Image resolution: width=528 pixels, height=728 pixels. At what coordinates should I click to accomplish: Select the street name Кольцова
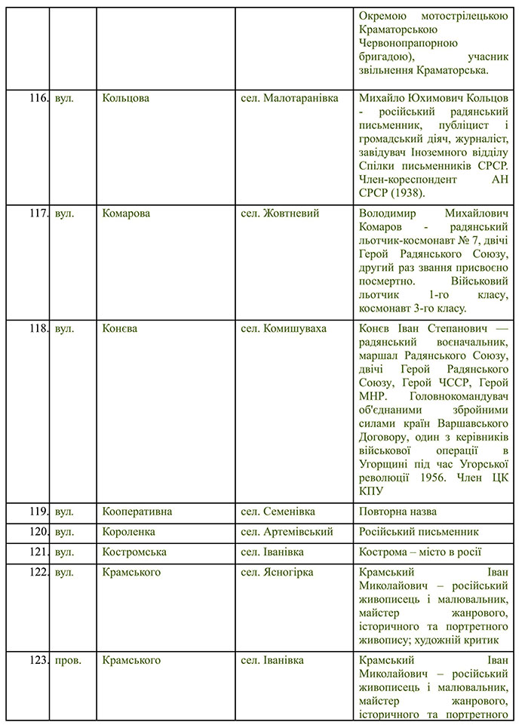[125, 98]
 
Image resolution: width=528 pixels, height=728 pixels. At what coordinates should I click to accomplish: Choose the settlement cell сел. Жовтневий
[280, 213]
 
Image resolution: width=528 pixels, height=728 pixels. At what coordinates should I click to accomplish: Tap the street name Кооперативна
[137, 511]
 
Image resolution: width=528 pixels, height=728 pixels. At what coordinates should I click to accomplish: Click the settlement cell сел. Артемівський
[287, 532]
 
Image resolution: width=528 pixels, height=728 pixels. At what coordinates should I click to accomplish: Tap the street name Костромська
[134, 552]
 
